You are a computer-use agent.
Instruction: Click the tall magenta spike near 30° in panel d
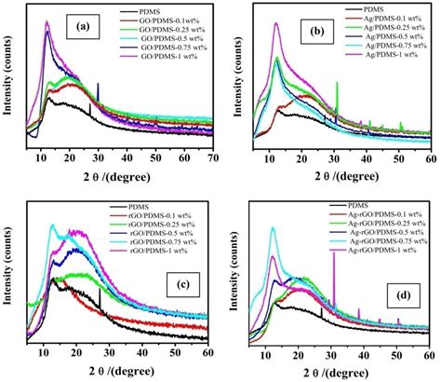click(332, 280)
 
